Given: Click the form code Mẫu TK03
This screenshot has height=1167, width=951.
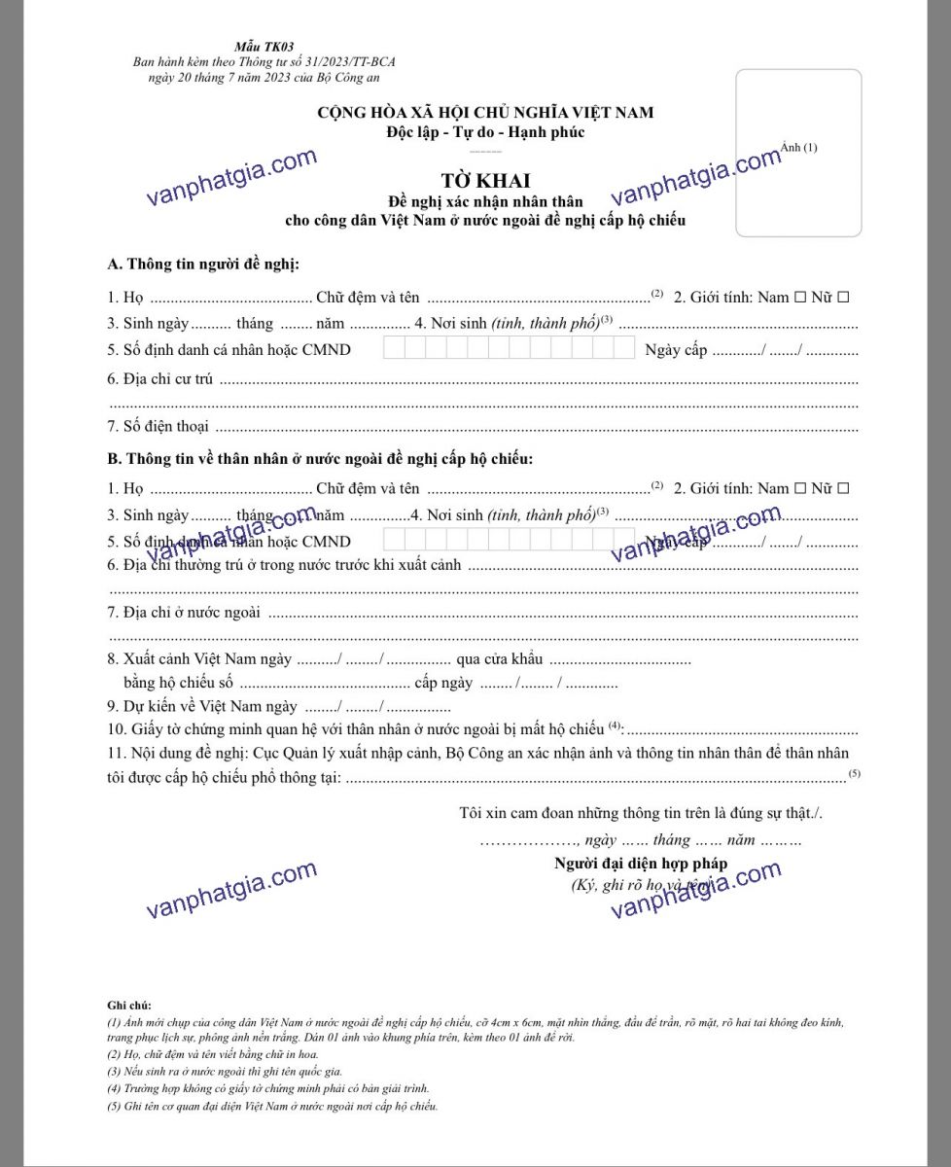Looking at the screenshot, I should [250, 47].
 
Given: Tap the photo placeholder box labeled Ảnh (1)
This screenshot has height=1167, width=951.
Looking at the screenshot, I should [798, 153].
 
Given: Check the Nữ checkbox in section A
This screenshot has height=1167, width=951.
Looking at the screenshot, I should [843, 297].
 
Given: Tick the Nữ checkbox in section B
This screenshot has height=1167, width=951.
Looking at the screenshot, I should [843, 488].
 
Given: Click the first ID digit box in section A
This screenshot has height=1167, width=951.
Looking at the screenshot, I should [394, 348].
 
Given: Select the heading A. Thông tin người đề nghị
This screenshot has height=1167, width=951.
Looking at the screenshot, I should [203, 265].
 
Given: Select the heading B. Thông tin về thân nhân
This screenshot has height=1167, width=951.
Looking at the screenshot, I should [320, 458].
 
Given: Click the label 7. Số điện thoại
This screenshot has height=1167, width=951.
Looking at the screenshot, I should [158, 426].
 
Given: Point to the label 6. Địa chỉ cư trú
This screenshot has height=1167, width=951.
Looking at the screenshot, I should [160, 378].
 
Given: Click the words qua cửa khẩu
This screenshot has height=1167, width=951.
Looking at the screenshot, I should [499, 659].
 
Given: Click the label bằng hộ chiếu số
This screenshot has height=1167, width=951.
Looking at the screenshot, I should [178, 683].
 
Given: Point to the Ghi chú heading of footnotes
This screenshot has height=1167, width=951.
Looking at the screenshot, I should [129, 1005].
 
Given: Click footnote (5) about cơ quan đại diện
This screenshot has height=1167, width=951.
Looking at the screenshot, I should [272, 1106].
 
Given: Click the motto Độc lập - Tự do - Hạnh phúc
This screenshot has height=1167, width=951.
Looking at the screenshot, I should [484, 132].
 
